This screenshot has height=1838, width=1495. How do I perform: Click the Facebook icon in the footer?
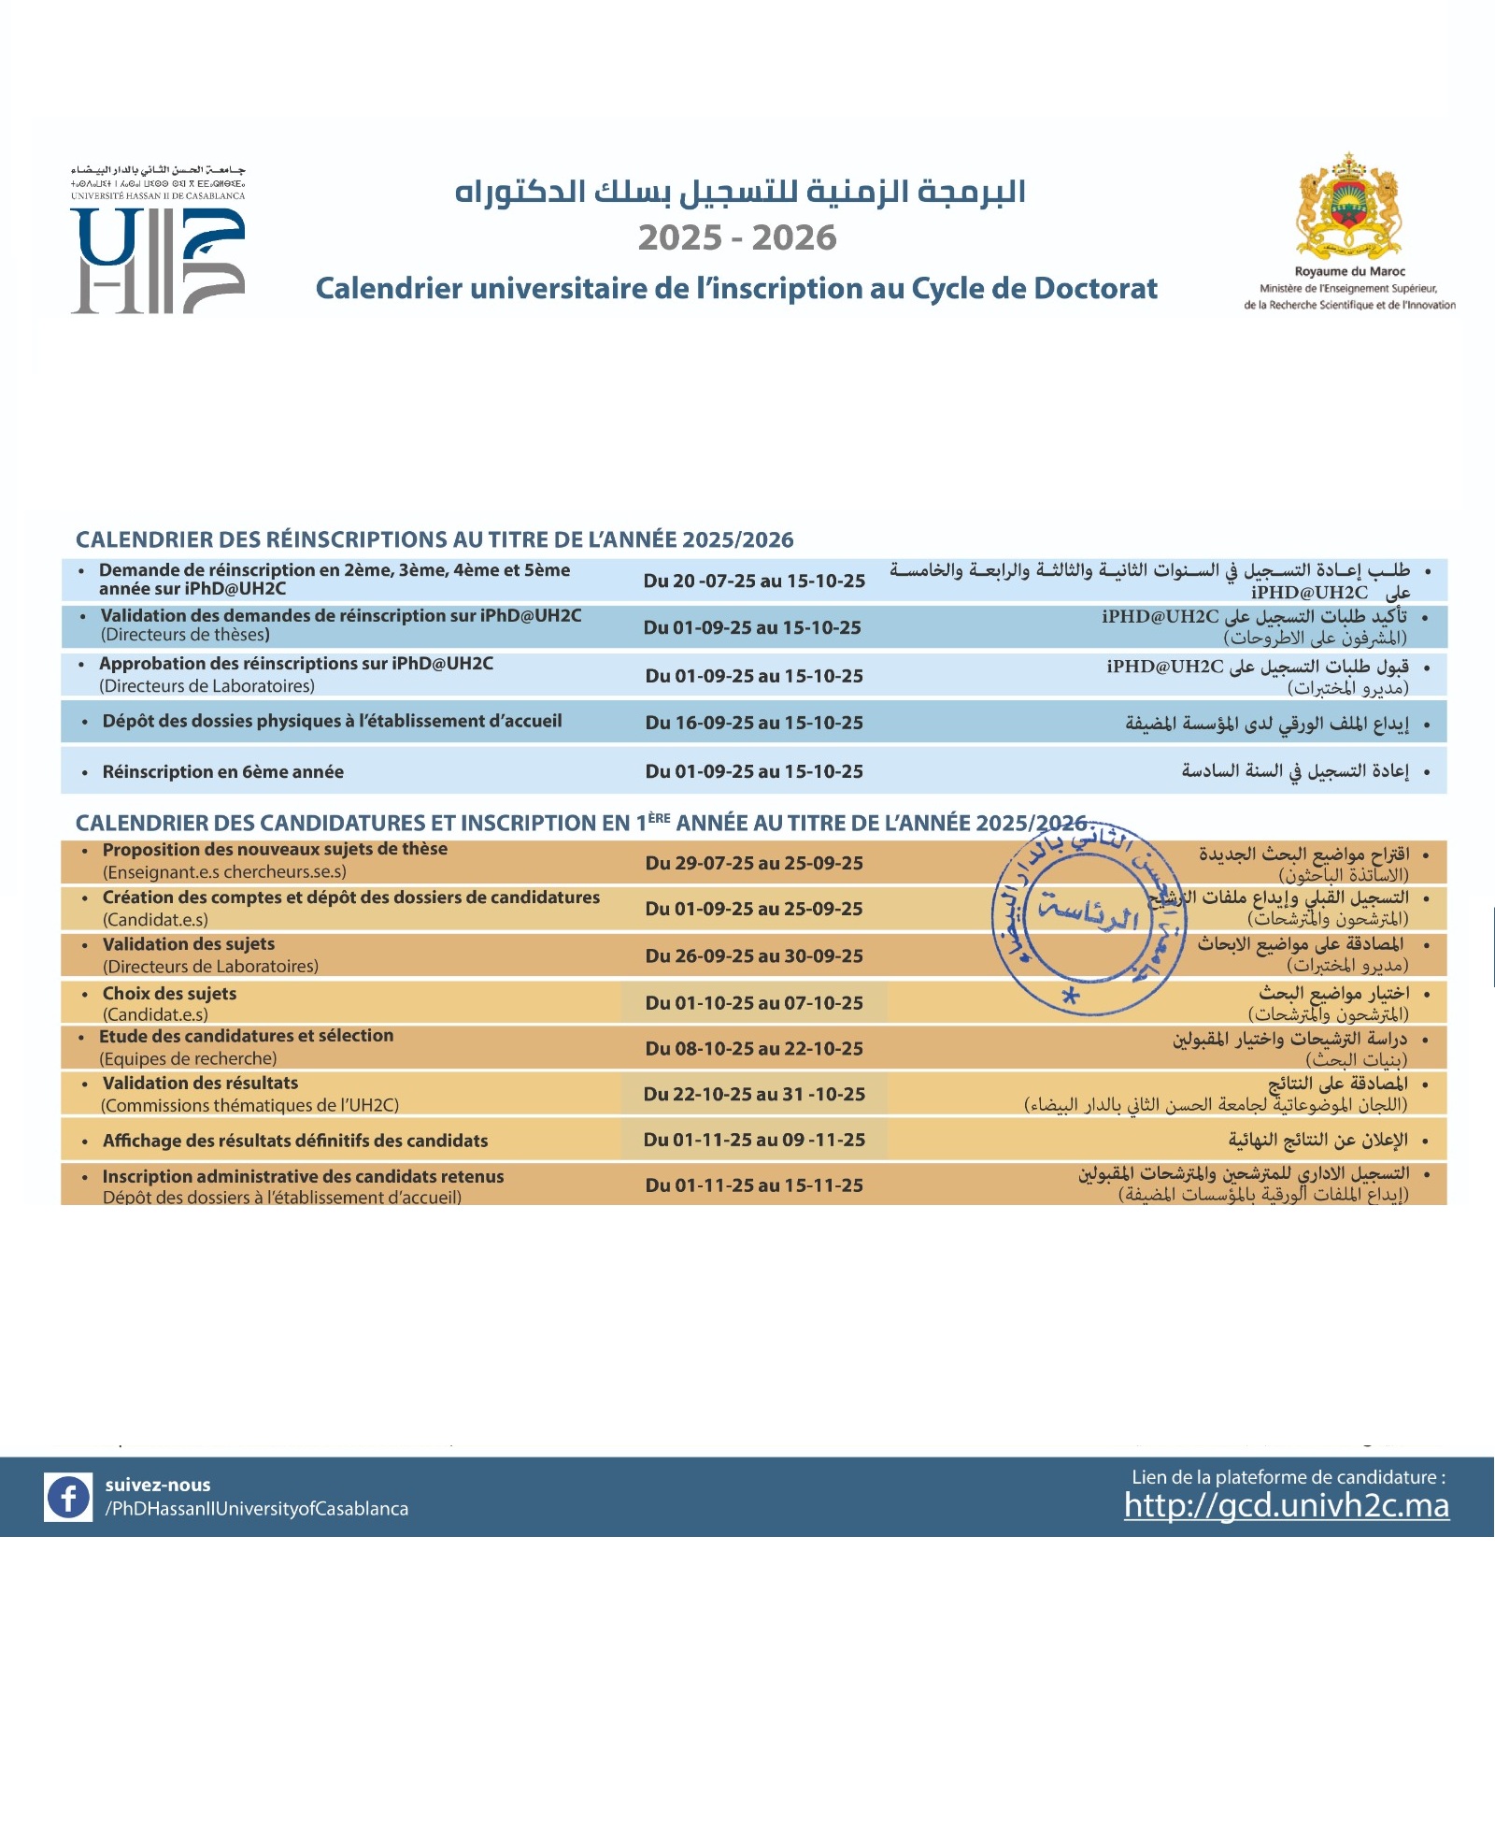pos(68,1497)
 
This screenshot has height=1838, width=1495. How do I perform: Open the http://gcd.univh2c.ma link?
pos(1286,1505)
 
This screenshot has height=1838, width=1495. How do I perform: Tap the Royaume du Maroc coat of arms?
pos(1349,207)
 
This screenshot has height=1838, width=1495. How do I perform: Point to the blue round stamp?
pos(1088,920)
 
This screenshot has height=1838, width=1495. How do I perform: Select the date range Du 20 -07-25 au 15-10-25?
pos(754,581)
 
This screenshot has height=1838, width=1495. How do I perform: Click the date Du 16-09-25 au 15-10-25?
pos(754,723)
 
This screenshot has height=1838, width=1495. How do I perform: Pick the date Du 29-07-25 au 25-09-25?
pos(754,863)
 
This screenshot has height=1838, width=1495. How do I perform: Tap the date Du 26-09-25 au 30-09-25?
pos(754,955)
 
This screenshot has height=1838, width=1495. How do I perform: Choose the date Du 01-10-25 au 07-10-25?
pos(754,1002)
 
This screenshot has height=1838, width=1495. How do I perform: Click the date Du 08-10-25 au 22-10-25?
pos(754,1048)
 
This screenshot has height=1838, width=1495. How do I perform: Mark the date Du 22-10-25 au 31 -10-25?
pos(754,1094)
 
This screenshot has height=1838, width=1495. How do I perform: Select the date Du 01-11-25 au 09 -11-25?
pos(754,1140)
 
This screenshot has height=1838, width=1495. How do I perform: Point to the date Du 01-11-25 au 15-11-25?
pos(754,1185)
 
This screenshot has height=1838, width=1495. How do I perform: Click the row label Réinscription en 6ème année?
pos(222,771)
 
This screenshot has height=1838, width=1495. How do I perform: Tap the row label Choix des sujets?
pos(169,994)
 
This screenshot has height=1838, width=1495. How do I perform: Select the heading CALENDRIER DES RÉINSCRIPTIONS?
pos(434,539)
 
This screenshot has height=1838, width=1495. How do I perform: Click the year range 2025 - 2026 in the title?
pos(737,237)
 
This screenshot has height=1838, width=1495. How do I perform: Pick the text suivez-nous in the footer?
pos(158,1485)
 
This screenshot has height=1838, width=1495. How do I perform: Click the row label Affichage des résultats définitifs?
pos(295,1141)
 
